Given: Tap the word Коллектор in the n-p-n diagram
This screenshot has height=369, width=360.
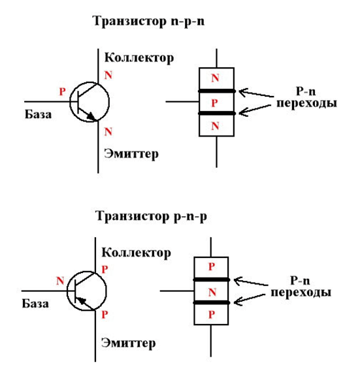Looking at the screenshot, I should click(139, 58).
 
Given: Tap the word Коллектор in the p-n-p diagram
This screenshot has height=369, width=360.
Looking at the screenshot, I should click(137, 253).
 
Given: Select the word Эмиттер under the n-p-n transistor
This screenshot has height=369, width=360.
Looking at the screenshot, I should click(131, 153).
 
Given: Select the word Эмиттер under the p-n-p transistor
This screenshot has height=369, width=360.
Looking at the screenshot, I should click(129, 343).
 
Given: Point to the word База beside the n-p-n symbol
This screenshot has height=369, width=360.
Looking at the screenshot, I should click(39, 115).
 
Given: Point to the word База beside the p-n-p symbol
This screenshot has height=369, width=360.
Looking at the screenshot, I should click(35, 303).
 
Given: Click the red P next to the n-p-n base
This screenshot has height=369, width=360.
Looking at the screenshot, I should click(62, 93).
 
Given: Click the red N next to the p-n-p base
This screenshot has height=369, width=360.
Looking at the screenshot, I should click(59, 281).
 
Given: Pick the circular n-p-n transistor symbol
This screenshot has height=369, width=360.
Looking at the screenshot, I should click(89, 103).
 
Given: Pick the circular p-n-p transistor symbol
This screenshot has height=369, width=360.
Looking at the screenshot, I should click(87, 291).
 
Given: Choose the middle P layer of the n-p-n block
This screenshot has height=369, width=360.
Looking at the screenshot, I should click(216, 103).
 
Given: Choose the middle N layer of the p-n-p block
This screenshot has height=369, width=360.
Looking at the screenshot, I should click(211, 291).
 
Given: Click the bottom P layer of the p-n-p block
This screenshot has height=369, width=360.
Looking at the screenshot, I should click(211, 314).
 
